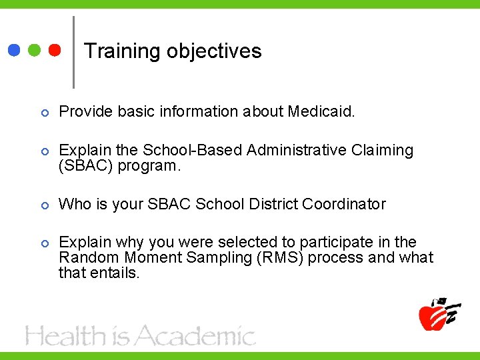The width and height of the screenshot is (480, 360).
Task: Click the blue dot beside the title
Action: coord(14,51)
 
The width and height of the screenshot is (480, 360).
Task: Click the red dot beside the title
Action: coord(55,51)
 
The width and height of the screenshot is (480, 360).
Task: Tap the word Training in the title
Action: coord(123,51)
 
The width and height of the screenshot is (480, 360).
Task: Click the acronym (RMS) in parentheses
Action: coord(280,257)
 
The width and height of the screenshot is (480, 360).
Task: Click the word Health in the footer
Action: coord(65,336)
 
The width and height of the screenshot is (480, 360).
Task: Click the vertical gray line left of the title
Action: coord(73,52)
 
